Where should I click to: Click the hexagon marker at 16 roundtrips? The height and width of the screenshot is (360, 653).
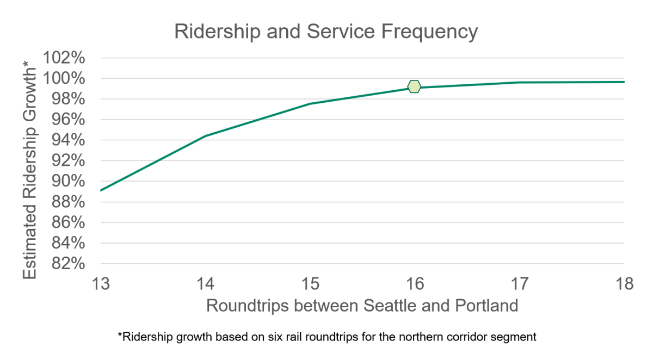coord(414,86)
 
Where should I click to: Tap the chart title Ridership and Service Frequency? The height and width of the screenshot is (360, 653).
coord(325,32)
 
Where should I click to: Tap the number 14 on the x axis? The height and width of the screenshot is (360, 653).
coord(206,284)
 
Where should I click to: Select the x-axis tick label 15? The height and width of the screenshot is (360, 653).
coord(310,284)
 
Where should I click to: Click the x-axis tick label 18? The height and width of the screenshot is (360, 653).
coord(624,284)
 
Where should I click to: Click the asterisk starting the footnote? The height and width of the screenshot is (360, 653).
coord(120,336)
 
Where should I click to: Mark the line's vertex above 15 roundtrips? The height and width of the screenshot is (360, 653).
coord(310,103)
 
